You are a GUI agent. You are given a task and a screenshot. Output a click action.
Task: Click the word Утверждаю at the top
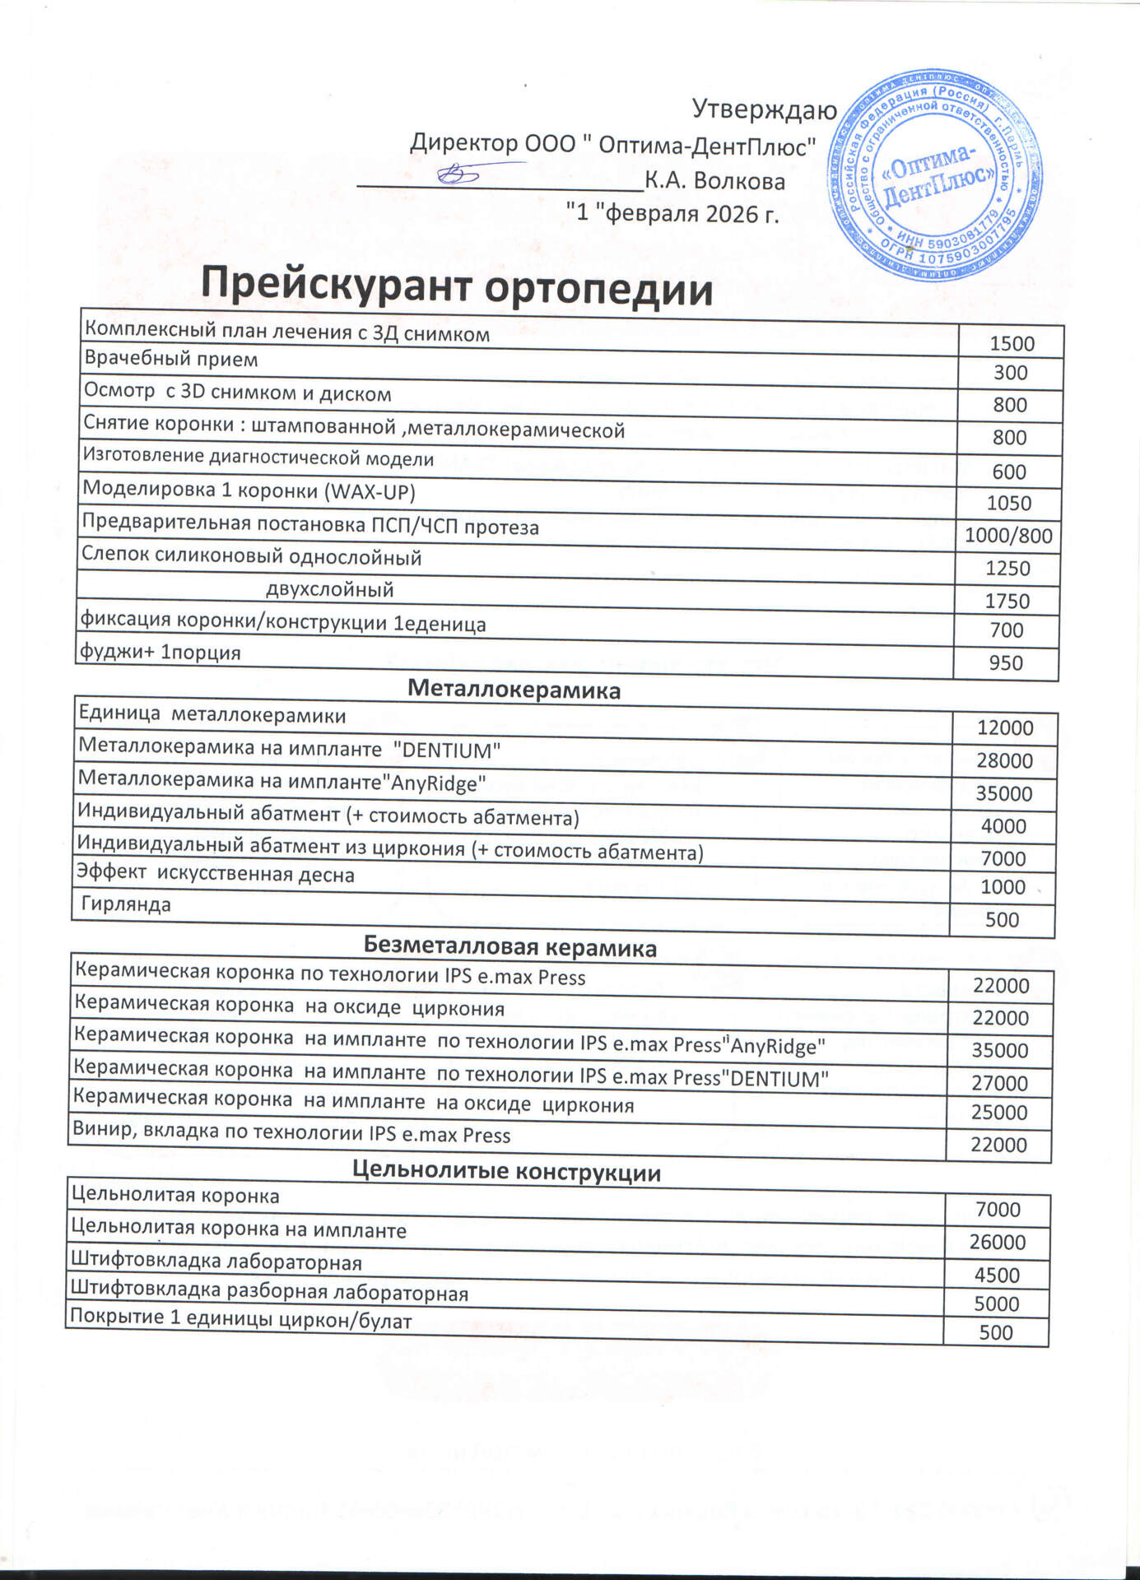coord(764,109)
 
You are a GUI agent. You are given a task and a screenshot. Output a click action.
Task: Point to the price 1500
coord(1012,343)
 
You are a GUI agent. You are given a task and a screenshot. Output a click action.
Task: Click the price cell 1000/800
coord(1008,536)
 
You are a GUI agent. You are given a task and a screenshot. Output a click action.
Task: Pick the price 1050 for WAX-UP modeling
coord(1008,503)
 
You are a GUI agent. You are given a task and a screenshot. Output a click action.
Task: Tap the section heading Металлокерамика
coord(514,690)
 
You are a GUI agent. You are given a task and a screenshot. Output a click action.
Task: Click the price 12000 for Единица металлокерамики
coord(1004,727)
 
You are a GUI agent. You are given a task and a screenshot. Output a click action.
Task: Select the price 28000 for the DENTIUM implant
coord(1004,760)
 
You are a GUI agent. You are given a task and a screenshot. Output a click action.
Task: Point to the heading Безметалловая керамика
coord(510,948)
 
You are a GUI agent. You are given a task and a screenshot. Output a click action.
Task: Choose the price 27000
coord(1000,1083)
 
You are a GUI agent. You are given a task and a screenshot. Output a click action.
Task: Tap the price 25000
coord(999,1113)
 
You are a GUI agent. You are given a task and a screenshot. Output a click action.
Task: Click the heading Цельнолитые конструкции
coord(506,1171)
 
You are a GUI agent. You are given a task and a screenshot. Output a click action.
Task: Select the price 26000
coord(997,1242)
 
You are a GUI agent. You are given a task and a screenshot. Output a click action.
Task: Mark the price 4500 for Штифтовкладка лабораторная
coord(997,1275)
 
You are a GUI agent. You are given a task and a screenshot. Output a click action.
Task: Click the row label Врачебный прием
coord(171,360)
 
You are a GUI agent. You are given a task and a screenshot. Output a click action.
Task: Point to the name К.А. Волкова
coord(714,181)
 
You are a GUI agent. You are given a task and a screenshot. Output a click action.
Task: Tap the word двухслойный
coord(329,589)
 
